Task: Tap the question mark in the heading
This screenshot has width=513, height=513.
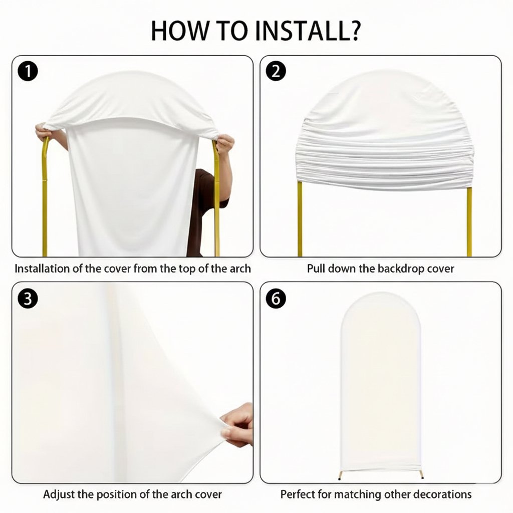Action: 353,31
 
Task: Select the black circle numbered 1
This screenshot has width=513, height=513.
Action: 28,71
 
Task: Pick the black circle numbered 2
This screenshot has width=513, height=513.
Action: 276,71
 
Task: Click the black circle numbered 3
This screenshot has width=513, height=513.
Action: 28,299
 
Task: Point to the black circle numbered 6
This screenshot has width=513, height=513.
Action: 276,299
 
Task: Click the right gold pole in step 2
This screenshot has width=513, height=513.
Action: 469,222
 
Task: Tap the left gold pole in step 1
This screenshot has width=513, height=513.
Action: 45,196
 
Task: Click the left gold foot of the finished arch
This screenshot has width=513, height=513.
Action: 341,475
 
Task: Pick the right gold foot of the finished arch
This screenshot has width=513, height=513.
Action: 421,475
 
